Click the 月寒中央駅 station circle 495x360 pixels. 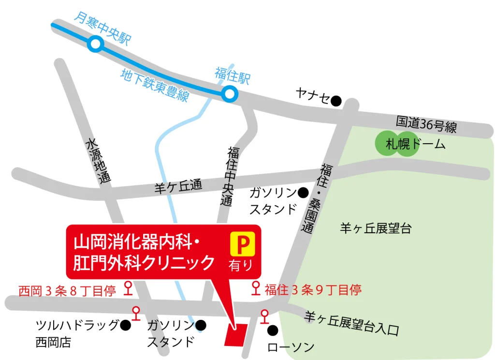click(x=96, y=45)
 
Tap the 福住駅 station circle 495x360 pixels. click(x=230, y=94)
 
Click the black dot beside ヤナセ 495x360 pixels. click(x=336, y=101)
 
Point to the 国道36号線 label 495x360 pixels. click(x=426, y=125)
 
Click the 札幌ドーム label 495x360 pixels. click(x=415, y=144)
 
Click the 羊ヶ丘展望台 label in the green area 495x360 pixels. click(x=375, y=228)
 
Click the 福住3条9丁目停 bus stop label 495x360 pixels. click(x=313, y=290)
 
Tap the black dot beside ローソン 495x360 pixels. click(x=273, y=331)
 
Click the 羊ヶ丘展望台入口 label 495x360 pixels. click(x=351, y=324)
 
